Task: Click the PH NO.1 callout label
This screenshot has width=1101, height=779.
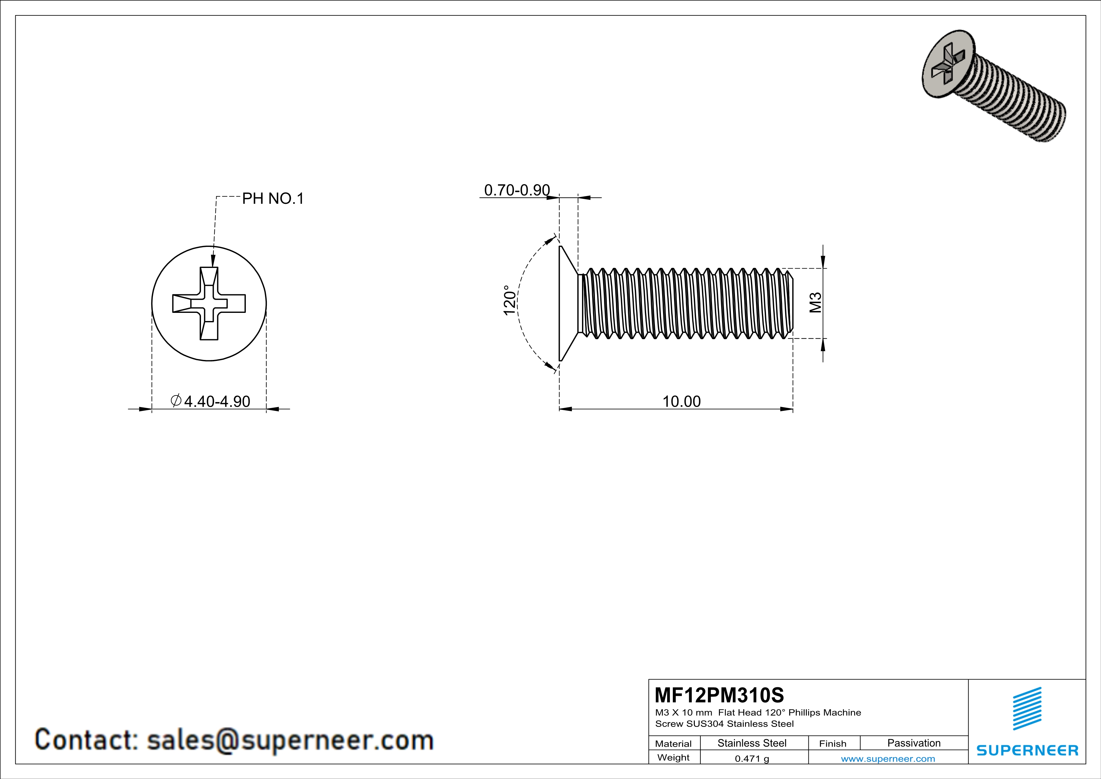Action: pos(273,199)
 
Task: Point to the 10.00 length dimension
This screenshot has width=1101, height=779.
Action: pos(681,401)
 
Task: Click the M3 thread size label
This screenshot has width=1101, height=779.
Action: pos(815,303)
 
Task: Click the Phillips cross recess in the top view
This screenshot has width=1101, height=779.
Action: pos(209,303)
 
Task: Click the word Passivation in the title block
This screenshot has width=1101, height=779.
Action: pos(914,743)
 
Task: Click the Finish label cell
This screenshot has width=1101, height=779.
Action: pos(833,744)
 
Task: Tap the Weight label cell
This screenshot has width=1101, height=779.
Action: pos(673,757)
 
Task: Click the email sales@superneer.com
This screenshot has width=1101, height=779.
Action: pos(290,740)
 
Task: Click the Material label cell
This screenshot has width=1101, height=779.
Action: pos(673,744)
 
